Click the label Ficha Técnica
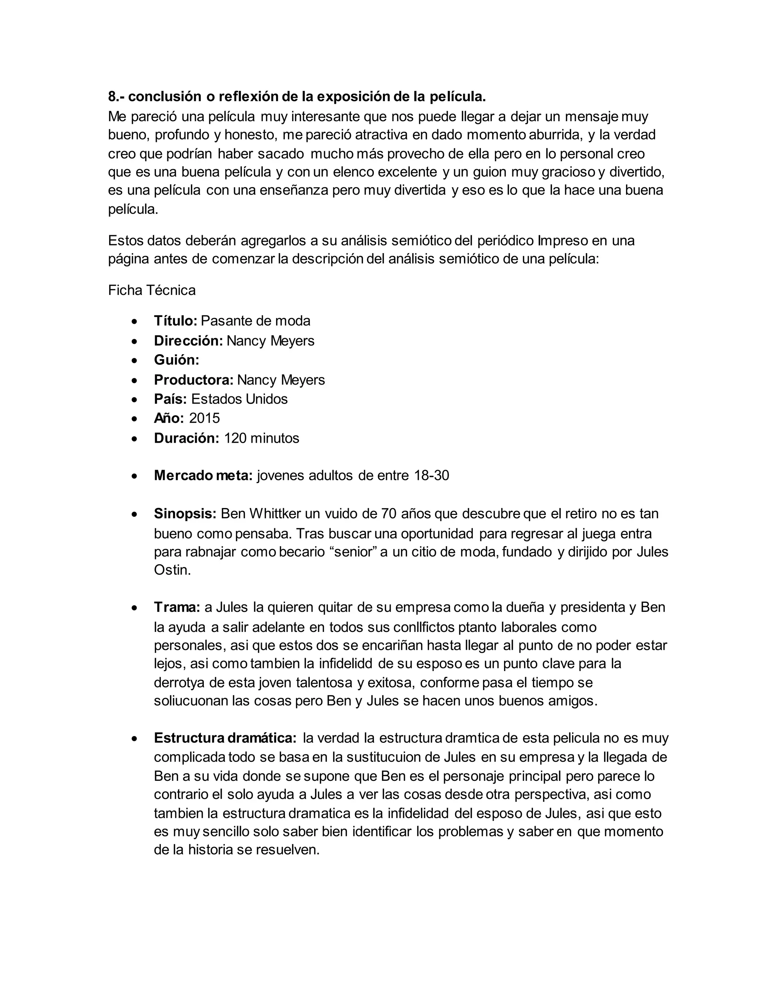click(x=152, y=290)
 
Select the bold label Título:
click(x=175, y=321)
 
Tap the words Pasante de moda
click(x=256, y=321)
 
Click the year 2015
click(x=204, y=418)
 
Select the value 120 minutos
click(x=262, y=438)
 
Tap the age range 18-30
click(x=431, y=475)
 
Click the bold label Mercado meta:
click(x=203, y=475)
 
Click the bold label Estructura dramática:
click(x=225, y=738)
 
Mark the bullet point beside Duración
click(x=134, y=439)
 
